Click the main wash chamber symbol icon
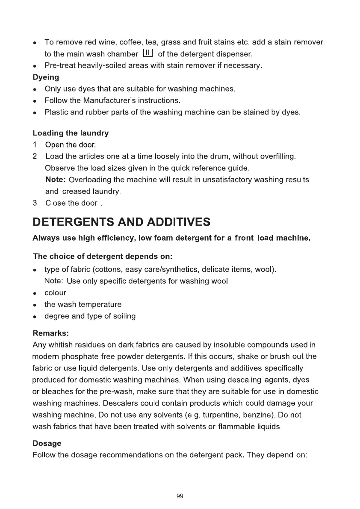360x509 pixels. (147, 54)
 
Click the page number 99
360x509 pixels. (180, 496)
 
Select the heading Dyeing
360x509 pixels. (46, 77)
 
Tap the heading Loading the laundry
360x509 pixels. (71, 133)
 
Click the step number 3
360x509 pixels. (35, 203)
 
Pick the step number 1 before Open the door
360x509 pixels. (35, 144)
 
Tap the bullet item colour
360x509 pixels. (55, 293)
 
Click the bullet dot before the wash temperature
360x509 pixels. (35, 305)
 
